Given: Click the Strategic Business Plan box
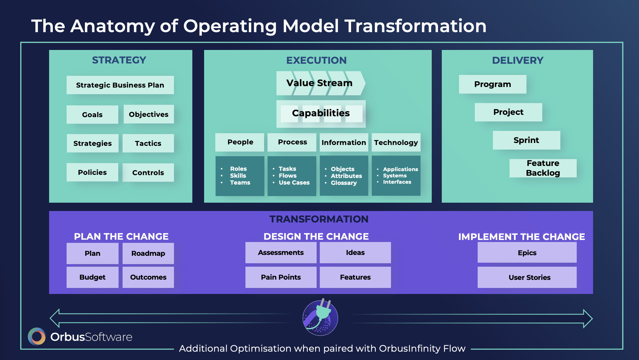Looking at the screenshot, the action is (x=120, y=85).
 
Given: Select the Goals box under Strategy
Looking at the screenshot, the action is (x=92, y=115).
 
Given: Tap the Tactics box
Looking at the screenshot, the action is (x=148, y=143).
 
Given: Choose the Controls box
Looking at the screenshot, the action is (x=148, y=173).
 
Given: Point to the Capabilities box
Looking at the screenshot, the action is (x=321, y=114).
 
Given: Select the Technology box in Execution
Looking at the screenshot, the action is (x=396, y=142).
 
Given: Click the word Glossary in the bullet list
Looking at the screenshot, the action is (x=344, y=183).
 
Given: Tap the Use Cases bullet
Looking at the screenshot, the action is (x=294, y=183).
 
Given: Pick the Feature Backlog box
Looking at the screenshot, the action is (x=543, y=168).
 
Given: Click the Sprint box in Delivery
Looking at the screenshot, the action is (x=526, y=140).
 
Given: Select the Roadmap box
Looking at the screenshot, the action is (x=148, y=253).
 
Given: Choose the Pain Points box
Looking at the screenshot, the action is (x=281, y=277).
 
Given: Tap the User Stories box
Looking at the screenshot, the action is (x=527, y=277).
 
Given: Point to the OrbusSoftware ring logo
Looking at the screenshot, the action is (x=37, y=336).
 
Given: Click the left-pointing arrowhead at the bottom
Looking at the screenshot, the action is (x=55, y=318).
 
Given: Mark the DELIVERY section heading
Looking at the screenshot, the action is (x=518, y=60).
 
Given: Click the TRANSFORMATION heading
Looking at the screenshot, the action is (x=319, y=219).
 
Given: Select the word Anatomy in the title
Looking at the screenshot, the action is (x=113, y=26).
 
